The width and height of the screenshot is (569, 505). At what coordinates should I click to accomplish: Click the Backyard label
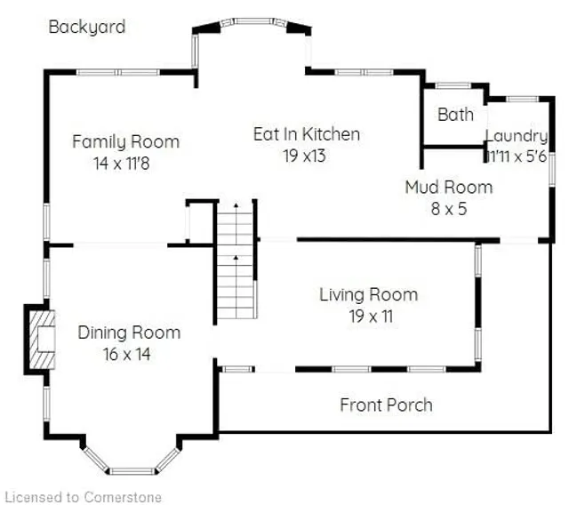point(86,27)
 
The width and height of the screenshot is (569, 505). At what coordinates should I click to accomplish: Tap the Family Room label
point(125,141)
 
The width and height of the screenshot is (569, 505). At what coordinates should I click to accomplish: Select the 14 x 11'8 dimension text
point(125,163)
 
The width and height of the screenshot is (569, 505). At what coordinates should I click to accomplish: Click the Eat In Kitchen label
point(307,134)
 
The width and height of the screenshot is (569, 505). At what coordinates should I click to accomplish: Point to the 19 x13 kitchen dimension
point(306,156)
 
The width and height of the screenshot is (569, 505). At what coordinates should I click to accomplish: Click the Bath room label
point(455,115)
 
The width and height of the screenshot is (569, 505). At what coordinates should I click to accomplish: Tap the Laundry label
point(516,136)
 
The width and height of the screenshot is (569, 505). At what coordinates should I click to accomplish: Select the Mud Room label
point(448,187)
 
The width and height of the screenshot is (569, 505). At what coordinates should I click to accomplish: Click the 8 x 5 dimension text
point(448,209)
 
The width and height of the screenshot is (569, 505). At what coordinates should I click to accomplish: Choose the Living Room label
point(368,294)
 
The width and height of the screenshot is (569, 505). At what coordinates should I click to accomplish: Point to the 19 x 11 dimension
point(368,316)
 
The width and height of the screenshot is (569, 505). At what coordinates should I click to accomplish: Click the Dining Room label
point(129,333)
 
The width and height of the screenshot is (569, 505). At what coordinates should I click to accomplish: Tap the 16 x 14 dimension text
point(129,354)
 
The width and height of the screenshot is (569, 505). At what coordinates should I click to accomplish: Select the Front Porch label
point(386,405)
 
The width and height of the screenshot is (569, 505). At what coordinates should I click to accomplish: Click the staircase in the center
point(236,261)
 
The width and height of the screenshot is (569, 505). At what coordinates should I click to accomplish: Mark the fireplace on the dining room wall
point(40,339)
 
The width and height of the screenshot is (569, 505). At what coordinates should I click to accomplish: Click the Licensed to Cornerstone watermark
point(83,496)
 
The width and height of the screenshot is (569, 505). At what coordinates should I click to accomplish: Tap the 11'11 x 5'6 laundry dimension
point(516,156)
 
